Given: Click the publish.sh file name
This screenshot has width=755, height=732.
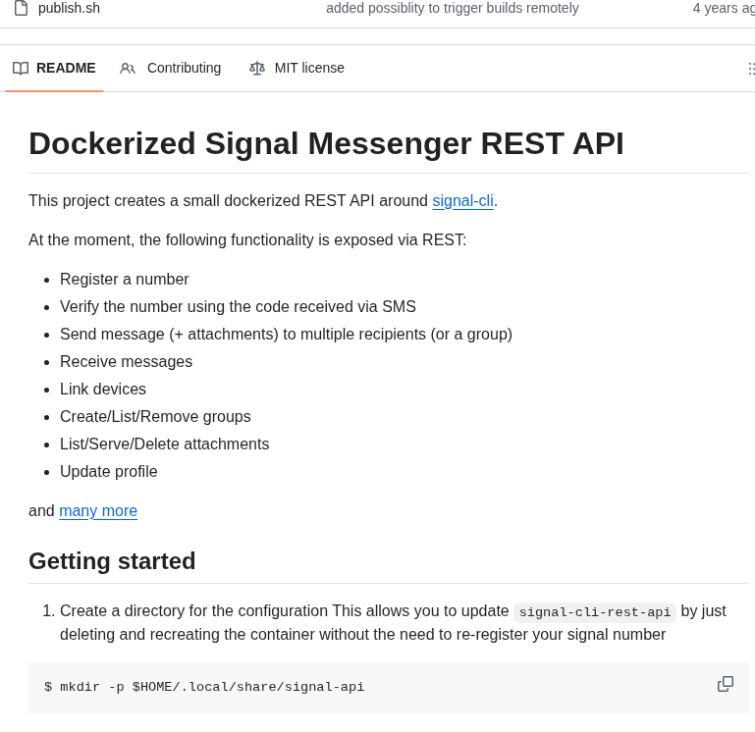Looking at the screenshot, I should (69, 8).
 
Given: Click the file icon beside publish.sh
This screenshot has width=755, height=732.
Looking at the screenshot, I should (21, 8).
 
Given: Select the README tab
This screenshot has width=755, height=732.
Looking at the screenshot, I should (66, 68).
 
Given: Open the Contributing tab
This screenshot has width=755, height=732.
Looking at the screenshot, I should (184, 68).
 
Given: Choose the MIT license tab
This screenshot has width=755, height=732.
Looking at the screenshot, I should (309, 68).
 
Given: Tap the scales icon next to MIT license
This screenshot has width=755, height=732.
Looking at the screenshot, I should (257, 68).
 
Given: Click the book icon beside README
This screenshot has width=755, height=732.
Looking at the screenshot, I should (21, 68).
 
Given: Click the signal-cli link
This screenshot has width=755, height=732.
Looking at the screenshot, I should (462, 200).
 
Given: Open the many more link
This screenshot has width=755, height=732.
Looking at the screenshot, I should (98, 510).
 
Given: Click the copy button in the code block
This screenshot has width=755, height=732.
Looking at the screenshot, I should (726, 684).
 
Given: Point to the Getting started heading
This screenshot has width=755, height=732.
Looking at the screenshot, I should (112, 561).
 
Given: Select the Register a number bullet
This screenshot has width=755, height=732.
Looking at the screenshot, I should (125, 279).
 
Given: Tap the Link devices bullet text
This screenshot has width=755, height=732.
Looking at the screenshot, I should (103, 389).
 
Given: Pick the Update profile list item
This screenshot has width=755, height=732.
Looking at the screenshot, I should (109, 471).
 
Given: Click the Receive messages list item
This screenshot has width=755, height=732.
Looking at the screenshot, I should (126, 361).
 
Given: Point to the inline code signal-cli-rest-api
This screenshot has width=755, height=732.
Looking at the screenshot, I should (595, 612).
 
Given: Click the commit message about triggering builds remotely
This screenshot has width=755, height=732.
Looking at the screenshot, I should (453, 8).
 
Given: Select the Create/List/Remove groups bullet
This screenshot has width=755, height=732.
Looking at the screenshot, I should (155, 416).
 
